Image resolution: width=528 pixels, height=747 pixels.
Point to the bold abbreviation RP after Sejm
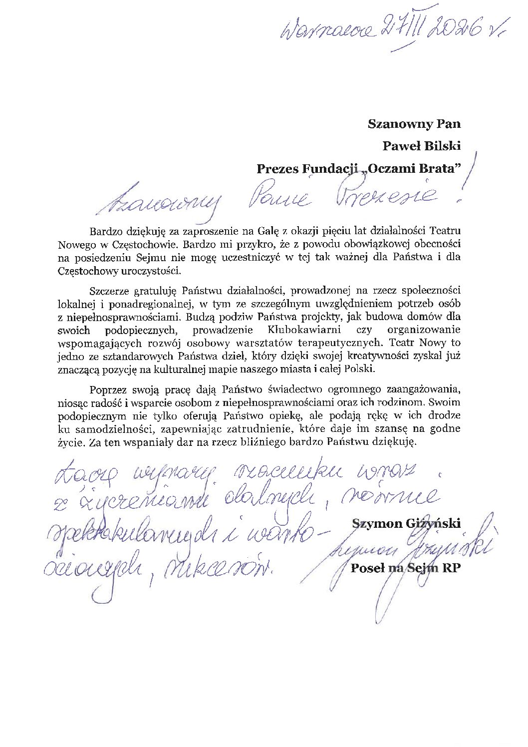[x=448, y=568]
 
